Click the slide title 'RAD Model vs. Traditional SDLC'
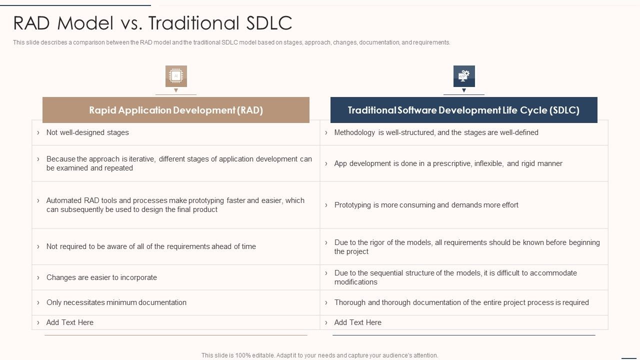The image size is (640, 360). (x=152, y=23)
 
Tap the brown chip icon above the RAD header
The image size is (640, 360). (x=176, y=76)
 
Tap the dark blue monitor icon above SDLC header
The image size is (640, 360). (x=464, y=76)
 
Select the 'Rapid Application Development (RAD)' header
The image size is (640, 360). (x=176, y=110)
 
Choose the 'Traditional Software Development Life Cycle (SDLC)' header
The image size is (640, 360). (x=463, y=110)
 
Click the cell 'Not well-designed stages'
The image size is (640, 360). (x=87, y=132)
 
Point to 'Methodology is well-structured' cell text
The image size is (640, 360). (x=436, y=132)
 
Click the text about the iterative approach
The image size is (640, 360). (x=178, y=163)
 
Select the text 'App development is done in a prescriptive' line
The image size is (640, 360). (x=448, y=163)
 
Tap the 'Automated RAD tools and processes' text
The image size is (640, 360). (x=175, y=205)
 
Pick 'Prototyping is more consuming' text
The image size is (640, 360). (x=426, y=205)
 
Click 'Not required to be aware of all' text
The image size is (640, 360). (x=151, y=246)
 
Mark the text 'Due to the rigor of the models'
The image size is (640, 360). (x=466, y=247)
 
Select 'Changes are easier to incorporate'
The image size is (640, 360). (x=101, y=277)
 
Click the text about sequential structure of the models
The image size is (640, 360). (x=455, y=277)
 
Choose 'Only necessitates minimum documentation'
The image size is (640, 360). (x=116, y=302)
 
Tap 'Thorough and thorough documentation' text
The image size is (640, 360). (x=461, y=302)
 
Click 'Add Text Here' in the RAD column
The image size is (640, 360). (x=70, y=322)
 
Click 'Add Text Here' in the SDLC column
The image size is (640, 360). (x=357, y=322)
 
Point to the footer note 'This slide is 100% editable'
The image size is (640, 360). (x=319, y=355)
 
